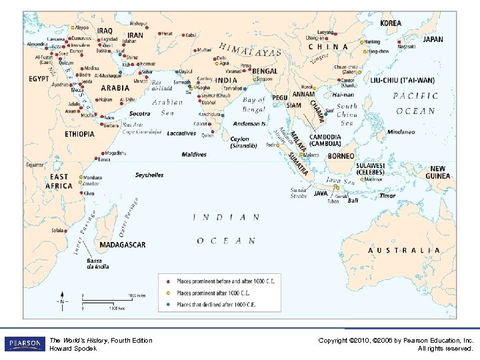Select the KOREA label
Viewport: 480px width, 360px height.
[x=391, y=23]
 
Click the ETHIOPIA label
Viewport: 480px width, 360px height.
[x=79, y=134]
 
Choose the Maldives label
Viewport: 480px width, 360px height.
[x=194, y=155]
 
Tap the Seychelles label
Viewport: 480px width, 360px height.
[x=149, y=175]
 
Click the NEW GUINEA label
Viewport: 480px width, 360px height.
[x=438, y=173]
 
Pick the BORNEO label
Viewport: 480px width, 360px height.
[x=341, y=156]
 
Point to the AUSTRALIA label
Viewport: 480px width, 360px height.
[x=404, y=250]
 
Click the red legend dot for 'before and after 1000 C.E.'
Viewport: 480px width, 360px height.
[x=168, y=281]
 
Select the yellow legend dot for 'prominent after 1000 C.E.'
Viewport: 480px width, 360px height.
[x=168, y=293]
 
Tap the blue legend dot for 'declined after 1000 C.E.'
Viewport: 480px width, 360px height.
[x=168, y=305]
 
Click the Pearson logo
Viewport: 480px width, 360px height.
[x=23, y=344]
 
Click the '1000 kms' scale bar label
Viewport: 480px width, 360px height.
[x=117, y=309]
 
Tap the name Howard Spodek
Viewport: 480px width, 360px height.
[x=73, y=349]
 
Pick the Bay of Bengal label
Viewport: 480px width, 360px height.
[x=253, y=104]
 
